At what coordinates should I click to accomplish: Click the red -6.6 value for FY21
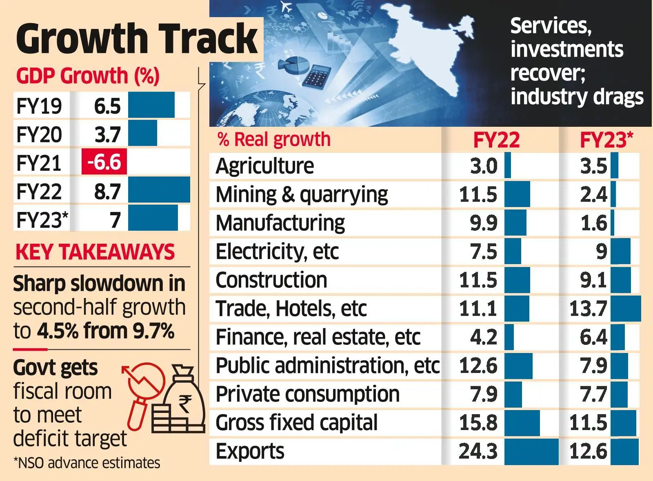point(104,162)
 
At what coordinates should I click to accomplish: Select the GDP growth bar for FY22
point(159,190)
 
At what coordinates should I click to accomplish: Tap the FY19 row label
point(39,106)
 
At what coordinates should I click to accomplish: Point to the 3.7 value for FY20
point(107,134)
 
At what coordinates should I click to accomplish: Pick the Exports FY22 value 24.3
point(478,451)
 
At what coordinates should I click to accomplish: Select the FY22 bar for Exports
point(531,451)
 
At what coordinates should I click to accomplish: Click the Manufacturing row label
point(280,223)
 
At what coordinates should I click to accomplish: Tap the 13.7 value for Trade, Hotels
point(588,309)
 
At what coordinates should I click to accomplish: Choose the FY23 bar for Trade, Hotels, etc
point(625,309)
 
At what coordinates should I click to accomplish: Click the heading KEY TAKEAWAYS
point(95,252)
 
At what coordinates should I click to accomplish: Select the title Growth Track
point(137,39)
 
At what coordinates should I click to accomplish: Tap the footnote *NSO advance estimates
point(87,463)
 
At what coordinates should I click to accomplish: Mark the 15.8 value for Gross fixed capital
point(478,423)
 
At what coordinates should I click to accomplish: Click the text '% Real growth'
point(274,139)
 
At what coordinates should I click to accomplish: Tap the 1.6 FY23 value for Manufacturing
point(593,223)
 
